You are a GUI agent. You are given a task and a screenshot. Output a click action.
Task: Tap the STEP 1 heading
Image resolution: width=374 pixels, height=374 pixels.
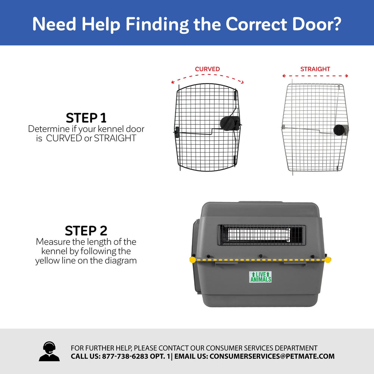tap(86, 117)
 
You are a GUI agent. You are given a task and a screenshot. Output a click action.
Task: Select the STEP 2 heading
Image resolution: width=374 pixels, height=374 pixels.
tap(86, 230)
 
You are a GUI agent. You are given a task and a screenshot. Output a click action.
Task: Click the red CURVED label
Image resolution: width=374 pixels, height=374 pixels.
tap(207, 69)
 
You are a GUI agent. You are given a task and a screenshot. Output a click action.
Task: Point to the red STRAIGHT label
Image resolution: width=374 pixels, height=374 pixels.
tap(315, 69)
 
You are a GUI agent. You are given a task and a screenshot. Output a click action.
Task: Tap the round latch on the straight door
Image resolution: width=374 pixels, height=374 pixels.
tap(340, 129)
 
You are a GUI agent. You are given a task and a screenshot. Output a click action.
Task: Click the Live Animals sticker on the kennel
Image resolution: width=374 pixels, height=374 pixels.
tap(261, 277)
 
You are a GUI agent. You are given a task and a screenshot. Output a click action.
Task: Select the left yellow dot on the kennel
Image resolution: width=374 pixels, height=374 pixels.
tap(192, 260)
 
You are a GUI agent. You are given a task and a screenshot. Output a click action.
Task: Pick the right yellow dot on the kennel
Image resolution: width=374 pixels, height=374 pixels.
tap(328, 260)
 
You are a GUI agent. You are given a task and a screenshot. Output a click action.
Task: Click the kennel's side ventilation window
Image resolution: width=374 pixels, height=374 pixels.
tap(261, 235)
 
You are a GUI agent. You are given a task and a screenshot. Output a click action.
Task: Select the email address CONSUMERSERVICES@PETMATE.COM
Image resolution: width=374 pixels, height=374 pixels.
tap(272, 356)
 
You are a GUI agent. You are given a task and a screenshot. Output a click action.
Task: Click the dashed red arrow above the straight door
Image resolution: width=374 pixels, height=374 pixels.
tap(315, 76)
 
